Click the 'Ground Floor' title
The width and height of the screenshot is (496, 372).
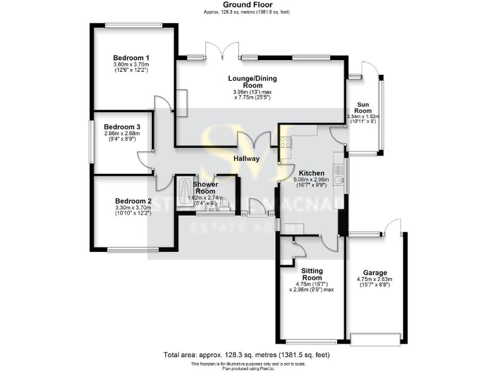[x=247, y=5]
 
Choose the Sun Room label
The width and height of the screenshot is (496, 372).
[x=364, y=108]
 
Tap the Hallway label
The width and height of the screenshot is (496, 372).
[x=247, y=158]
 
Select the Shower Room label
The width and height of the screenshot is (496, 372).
[x=205, y=188]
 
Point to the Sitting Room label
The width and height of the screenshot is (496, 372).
[x=311, y=274]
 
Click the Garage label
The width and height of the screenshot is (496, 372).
[x=375, y=272]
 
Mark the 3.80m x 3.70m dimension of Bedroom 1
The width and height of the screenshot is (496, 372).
[x=131, y=65]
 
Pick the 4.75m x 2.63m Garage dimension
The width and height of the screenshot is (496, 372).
[x=375, y=280]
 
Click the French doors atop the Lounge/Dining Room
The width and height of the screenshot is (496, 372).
[x=216, y=50]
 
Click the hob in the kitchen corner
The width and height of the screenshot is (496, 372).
[x=285, y=140]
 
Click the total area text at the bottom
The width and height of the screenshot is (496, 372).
[x=247, y=355]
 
